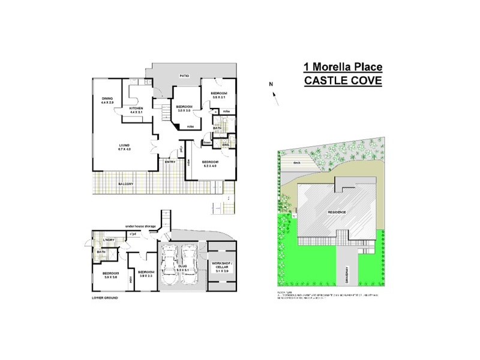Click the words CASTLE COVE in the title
click(x=343, y=81)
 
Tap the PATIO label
click(x=186, y=76)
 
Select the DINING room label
click(x=107, y=98)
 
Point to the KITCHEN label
click(x=136, y=109)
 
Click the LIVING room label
click(x=125, y=146)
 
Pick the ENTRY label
click(x=170, y=161)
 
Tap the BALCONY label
click(x=125, y=184)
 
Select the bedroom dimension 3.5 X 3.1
click(x=219, y=97)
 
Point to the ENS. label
click(x=226, y=145)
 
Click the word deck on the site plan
click(x=297, y=162)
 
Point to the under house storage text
click(x=140, y=226)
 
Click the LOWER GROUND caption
click(x=105, y=298)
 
